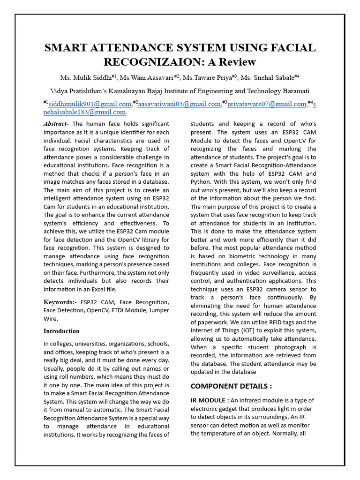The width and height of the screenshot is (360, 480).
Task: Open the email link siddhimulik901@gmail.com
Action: [x=90, y=104]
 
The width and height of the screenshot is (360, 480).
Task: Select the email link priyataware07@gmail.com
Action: [x=266, y=104]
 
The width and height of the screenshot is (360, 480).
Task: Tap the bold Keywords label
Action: [x=60, y=302]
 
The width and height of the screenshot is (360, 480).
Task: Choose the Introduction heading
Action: [x=61, y=331]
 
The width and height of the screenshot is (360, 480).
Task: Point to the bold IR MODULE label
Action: [x=210, y=400]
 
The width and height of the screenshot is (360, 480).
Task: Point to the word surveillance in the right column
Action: [x=277, y=273]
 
